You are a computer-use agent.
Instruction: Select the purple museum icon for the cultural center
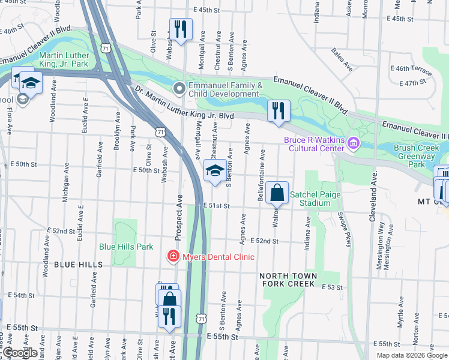[x=354, y=143]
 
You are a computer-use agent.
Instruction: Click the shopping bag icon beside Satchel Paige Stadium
[x=277, y=193]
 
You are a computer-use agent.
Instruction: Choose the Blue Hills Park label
[x=126, y=247]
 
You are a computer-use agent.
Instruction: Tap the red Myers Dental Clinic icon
[x=173, y=257]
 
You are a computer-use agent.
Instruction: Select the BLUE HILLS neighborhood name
[x=77, y=264]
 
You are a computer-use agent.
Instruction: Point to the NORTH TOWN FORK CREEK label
[x=287, y=280]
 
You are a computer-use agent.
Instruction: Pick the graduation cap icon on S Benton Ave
[x=215, y=171]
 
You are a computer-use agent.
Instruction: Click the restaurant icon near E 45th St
[x=180, y=28]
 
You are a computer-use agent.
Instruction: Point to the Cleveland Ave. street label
[x=373, y=188]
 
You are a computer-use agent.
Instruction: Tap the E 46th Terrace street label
[x=411, y=70]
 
